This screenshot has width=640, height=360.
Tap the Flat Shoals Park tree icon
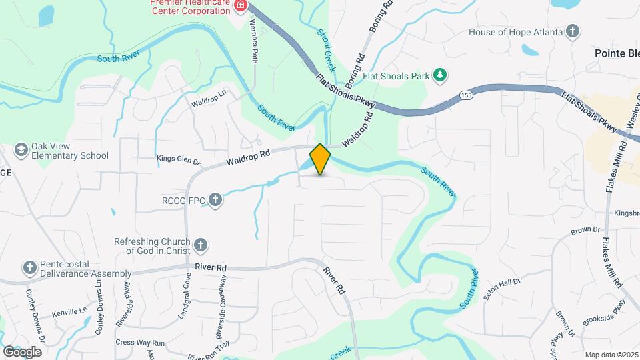tap(439, 75)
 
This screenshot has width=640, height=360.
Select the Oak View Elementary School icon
tap(21, 149)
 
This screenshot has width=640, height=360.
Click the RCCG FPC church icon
tap(215, 199)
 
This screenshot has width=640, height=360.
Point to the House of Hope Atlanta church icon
tap(572, 31)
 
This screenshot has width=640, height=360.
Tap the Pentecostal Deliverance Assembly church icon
tap(29, 267)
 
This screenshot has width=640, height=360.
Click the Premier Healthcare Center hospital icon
tap(240, 5)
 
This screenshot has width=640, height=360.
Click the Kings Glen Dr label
tap(178, 160)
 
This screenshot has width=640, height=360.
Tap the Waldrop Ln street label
tap(209, 102)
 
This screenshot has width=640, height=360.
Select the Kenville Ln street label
tap(69, 311)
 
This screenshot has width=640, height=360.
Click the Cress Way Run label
tap(140, 342)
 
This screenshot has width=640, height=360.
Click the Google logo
tap(22, 352)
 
